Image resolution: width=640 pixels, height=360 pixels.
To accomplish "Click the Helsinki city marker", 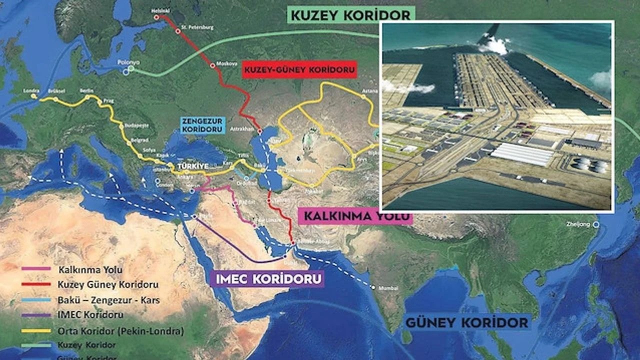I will coord(156,16).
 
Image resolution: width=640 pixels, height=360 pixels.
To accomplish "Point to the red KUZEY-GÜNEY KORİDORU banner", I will coord(299,69).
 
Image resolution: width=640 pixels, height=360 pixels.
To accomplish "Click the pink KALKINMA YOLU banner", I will coord(355,216).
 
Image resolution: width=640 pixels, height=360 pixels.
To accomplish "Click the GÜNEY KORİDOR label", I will coord(466,322).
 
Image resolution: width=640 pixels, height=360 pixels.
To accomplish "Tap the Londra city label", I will coord(31,91).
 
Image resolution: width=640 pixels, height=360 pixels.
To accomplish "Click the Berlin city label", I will coord(86,90).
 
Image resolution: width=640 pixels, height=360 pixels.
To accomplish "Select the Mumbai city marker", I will coord(373,287).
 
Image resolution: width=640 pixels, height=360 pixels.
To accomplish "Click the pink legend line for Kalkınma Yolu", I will coord(36,269).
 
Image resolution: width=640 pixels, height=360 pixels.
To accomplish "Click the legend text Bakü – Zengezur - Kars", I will coord(108,300).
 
